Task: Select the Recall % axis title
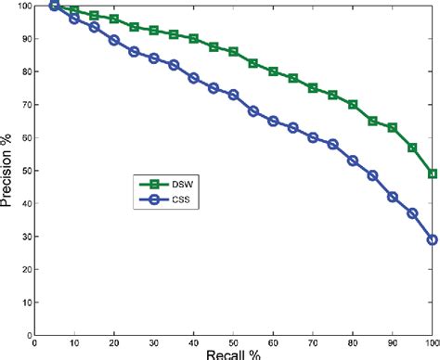(232, 353)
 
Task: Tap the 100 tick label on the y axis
(21, 6)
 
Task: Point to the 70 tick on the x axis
(313, 341)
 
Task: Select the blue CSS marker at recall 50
(233, 95)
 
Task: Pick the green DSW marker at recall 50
(233, 52)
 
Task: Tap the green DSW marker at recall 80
(353, 105)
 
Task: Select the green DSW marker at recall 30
(153, 31)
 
